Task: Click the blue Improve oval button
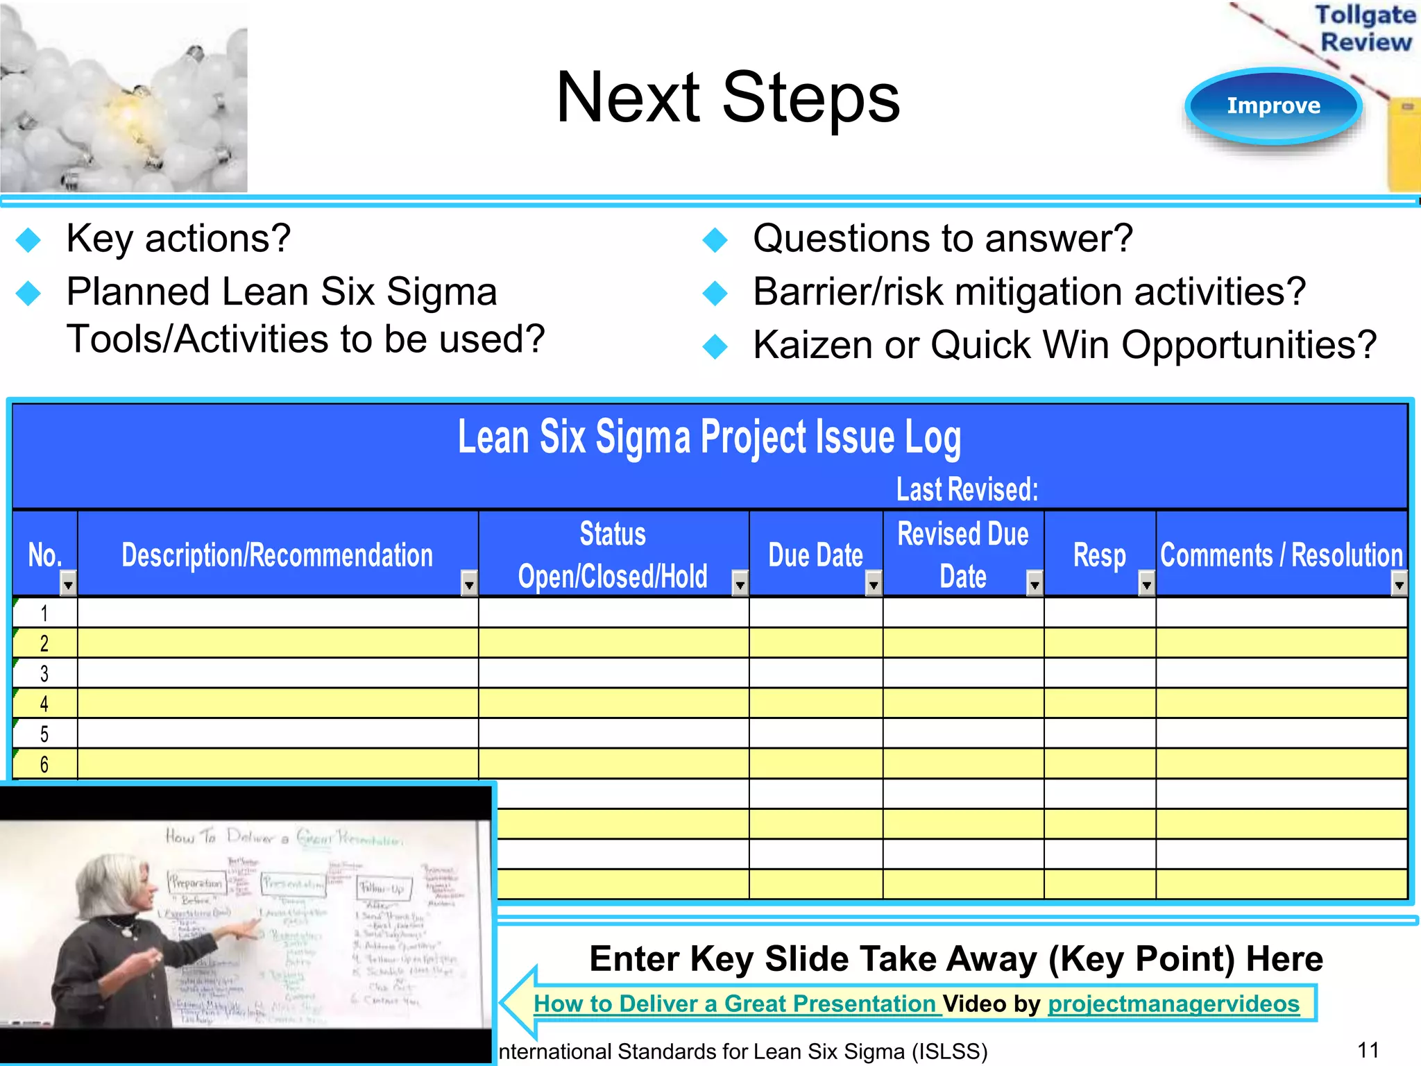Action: (1273, 105)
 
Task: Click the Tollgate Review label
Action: (1365, 28)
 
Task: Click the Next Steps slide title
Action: (727, 98)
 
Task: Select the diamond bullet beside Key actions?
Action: (28, 240)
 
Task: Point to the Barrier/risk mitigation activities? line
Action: (1029, 291)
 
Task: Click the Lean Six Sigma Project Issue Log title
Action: (709, 438)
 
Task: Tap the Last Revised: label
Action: (967, 489)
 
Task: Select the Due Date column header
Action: (815, 555)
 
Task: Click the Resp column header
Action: (1099, 555)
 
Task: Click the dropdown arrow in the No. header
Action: (67, 584)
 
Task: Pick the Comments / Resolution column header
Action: (1281, 555)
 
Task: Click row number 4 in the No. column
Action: (44, 704)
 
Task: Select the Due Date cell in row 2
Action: (815, 643)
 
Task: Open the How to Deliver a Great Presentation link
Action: (735, 1004)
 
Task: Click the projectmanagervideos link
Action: (1173, 1004)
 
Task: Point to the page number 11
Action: (1368, 1049)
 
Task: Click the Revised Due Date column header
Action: (962, 555)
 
